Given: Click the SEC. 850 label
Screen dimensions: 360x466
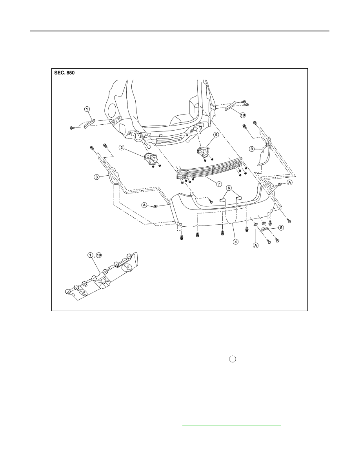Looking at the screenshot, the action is pos(64,73).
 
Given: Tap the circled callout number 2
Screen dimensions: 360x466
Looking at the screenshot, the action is pos(121,147).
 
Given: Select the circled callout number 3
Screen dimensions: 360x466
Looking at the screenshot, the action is pos(96,177).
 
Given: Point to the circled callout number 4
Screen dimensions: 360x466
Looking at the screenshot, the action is pos(236,242).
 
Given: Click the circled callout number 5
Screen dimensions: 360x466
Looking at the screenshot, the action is pos(281,228).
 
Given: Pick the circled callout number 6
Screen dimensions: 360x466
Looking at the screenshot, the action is pos(229,188).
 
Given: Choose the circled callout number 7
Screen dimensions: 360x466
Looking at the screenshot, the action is pos(219,184).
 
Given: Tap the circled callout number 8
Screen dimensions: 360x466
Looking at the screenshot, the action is pos(252,149).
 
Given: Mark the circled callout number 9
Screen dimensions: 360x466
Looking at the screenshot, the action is pos(216,135).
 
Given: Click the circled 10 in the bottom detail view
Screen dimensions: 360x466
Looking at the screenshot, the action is pos(99,255).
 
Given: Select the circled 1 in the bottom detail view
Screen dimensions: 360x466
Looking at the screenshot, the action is pos(90,255).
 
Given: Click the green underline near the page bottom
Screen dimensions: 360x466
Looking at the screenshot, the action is pos(231,426).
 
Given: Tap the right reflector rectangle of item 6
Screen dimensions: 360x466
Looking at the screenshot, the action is pos(238,197).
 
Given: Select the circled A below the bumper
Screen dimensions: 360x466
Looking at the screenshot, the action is pos(255,245).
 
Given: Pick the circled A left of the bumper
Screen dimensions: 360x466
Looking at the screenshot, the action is pos(144,205).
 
